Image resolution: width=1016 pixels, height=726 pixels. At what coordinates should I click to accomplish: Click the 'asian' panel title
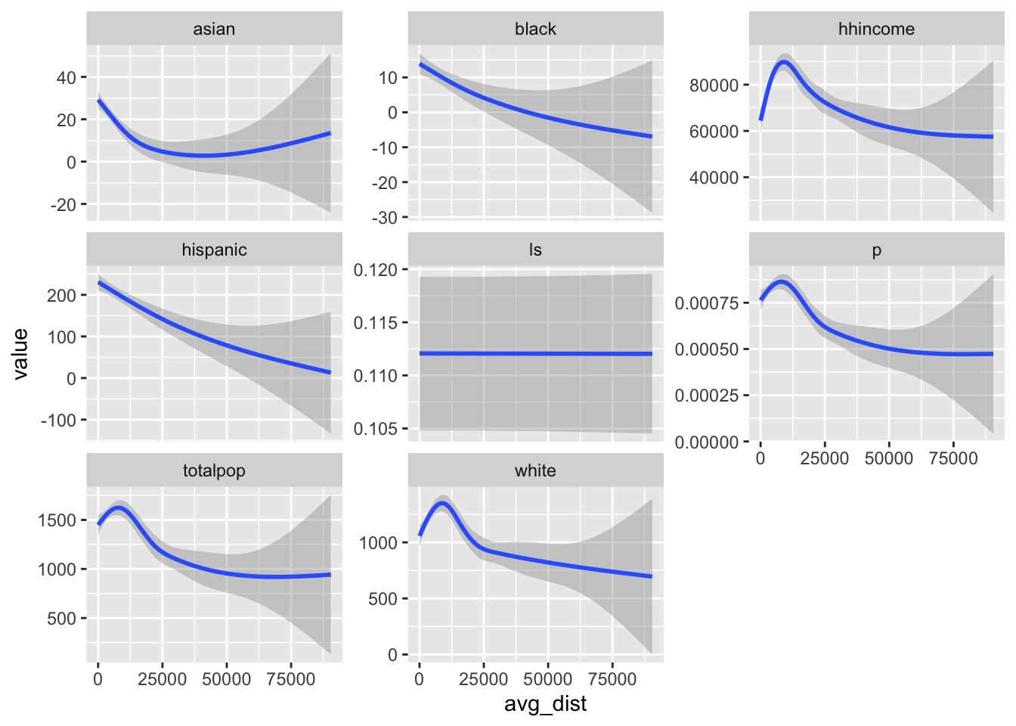[214, 29]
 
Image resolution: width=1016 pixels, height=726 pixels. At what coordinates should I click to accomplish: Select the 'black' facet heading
[535, 29]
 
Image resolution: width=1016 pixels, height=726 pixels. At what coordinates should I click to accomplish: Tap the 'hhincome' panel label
[876, 29]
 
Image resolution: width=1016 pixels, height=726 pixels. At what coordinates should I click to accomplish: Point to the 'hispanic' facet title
[214, 250]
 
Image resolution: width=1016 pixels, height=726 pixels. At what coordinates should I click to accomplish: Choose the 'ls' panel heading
[535, 250]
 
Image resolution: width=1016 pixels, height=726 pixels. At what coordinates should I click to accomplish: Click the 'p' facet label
[876, 250]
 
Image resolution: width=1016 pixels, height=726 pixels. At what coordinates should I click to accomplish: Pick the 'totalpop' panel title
[214, 470]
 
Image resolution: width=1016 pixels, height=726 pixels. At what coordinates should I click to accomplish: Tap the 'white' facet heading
[535, 470]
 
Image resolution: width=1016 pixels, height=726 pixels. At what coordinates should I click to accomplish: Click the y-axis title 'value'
[20, 353]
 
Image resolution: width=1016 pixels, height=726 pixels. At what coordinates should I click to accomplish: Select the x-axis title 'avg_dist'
[545, 704]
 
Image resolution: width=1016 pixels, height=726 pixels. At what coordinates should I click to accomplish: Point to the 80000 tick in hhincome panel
[714, 85]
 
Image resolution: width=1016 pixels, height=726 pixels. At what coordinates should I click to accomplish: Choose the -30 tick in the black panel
[383, 218]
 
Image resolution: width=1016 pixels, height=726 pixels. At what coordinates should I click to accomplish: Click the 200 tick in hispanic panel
[62, 296]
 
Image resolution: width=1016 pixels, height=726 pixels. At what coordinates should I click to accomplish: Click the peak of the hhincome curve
[783, 62]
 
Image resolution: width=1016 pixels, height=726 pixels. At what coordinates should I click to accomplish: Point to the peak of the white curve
[442, 503]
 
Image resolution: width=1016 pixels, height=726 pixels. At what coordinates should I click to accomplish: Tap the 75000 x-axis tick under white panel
[612, 679]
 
